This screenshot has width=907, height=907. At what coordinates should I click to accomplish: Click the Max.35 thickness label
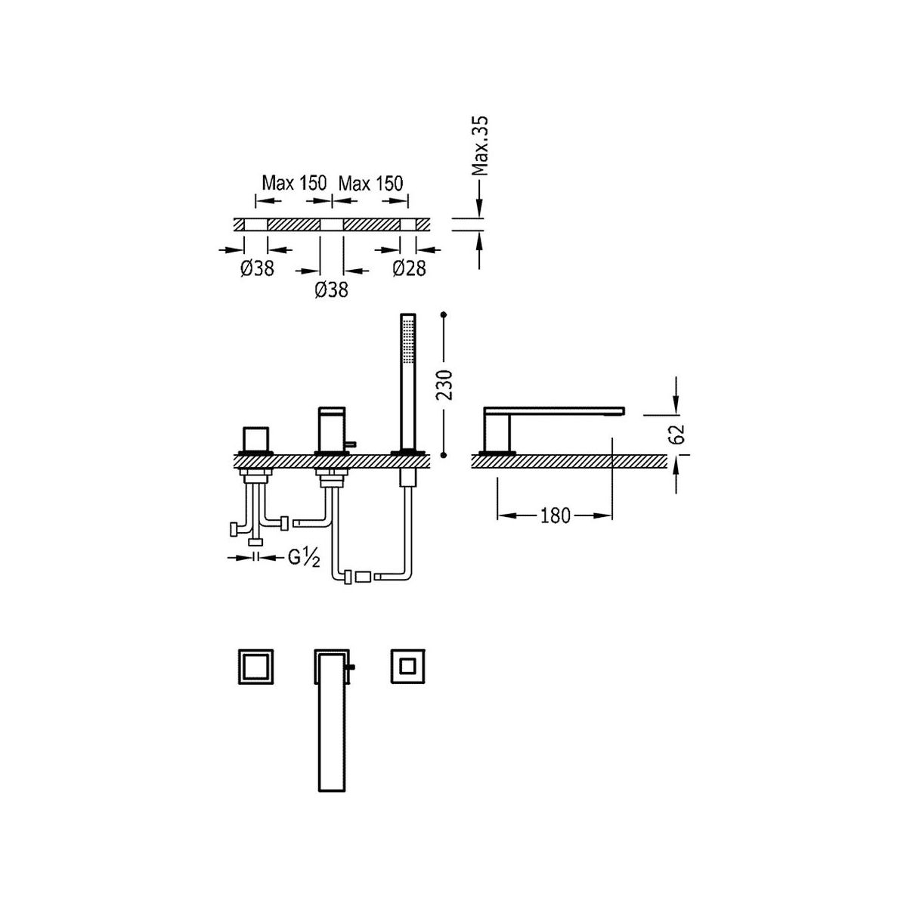tap(480, 146)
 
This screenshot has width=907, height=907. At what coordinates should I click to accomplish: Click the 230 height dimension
tap(444, 385)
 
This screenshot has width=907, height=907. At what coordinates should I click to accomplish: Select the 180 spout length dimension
tap(556, 515)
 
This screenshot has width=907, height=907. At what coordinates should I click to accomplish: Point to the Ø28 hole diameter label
tap(409, 268)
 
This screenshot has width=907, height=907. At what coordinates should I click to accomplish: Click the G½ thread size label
tap(304, 558)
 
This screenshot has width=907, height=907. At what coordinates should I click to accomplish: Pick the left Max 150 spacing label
tap(294, 183)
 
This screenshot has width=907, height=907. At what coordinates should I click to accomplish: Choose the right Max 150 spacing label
tap(371, 183)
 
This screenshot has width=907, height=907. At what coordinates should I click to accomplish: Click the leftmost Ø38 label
tap(257, 268)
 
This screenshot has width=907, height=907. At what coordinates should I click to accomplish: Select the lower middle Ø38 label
tap(331, 290)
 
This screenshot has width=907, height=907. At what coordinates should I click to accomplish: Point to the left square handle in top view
tap(255, 667)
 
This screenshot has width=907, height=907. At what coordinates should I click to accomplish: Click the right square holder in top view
tap(408, 667)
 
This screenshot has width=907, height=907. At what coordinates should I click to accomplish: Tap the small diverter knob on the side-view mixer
tap(351, 443)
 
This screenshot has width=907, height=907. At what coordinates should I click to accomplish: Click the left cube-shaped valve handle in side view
tap(256, 439)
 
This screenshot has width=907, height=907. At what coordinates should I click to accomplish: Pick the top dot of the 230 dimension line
tap(444, 314)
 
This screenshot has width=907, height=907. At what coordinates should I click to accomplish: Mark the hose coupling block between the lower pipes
tap(364, 576)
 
